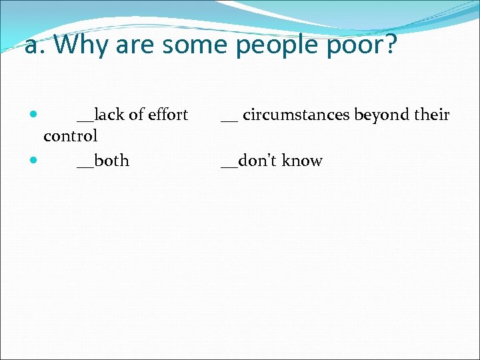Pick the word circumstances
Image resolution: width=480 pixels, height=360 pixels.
[x=297, y=115]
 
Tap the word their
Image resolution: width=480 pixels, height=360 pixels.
[x=432, y=115]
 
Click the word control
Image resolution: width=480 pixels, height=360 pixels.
[x=70, y=136]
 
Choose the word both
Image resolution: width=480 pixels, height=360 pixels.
[x=112, y=161]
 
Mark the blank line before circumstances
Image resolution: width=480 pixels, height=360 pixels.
[x=229, y=121]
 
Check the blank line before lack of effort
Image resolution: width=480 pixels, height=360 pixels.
[x=85, y=121]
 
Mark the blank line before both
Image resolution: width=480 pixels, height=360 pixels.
[x=85, y=167]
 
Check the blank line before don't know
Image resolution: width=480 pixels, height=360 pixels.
[x=229, y=167]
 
